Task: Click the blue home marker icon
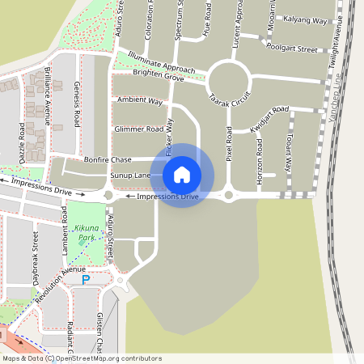coord(182,175)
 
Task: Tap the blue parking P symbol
coord(86,280)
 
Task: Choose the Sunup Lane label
coord(131,176)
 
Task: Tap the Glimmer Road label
coord(139,129)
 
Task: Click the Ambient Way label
coord(140,101)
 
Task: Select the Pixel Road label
coord(230,143)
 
